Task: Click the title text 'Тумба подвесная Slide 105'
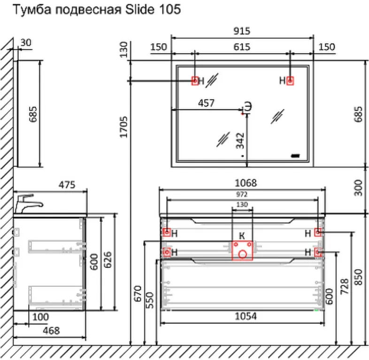[97, 10]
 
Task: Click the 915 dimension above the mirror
[242, 31]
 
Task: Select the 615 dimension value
[242, 47]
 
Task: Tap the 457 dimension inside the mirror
[207, 103]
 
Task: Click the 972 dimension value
[242, 194]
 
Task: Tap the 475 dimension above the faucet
[67, 185]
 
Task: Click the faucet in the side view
[28, 203]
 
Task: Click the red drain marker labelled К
[242, 250]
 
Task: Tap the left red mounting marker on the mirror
[195, 81]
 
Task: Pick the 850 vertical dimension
[358, 278]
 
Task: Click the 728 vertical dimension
[345, 287]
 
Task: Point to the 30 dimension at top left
[26, 43]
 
